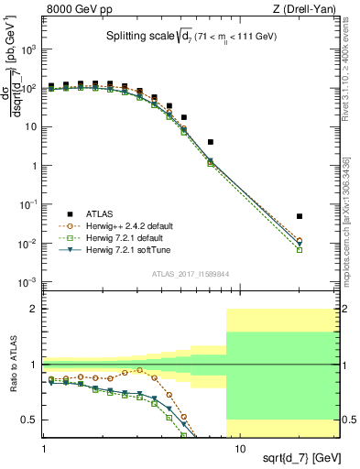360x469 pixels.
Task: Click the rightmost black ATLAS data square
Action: tap(300, 216)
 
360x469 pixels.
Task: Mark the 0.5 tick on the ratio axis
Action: tap(32, 420)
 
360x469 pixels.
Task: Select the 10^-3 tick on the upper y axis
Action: tap(30, 282)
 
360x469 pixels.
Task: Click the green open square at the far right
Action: tap(300, 249)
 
